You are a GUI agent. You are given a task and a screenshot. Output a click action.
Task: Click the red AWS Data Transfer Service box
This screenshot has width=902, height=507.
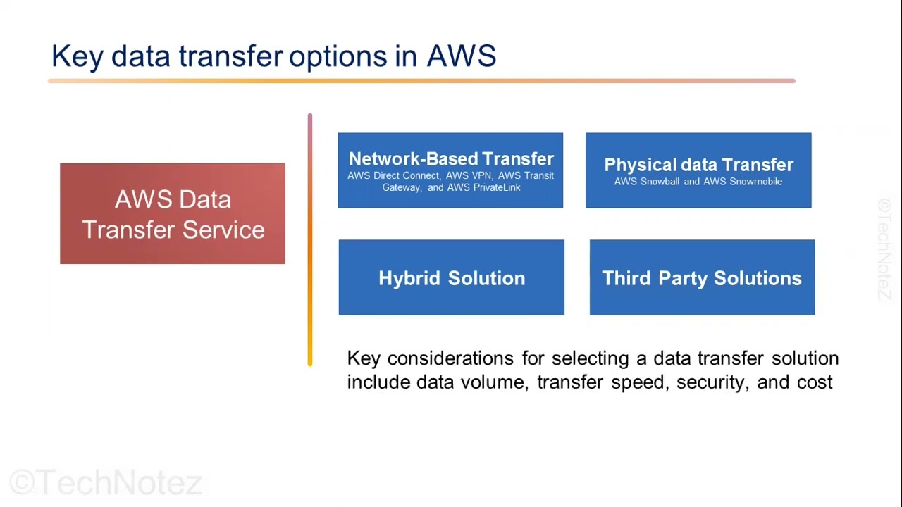pyautogui.click(x=173, y=214)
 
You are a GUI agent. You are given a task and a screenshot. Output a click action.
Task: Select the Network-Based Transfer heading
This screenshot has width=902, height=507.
pyautogui.click(x=451, y=159)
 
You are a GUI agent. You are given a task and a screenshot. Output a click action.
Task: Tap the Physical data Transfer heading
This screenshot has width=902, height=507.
pyautogui.click(x=698, y=165)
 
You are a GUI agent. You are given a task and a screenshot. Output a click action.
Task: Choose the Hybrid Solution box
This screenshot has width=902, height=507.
pyautogui.click(x=451, y=277)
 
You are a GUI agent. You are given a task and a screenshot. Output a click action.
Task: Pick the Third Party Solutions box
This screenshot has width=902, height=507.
pyautogui.click(x=702, y=277)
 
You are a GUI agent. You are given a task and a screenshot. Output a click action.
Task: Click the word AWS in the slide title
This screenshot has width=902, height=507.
pyautogui.click(x=462, y=56)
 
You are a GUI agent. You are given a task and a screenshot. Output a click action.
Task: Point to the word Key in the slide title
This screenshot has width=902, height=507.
pyautogui.click(x=77, y=56)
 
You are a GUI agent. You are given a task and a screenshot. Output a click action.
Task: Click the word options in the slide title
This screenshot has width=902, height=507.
pyautogui.click(x=338, y=56)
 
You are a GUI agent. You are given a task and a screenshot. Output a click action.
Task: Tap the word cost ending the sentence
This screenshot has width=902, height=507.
pyautogui.click(x=815, y=382)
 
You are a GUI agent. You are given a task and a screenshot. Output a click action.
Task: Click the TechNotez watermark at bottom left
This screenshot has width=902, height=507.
pyautogui.click(x=106, y=483)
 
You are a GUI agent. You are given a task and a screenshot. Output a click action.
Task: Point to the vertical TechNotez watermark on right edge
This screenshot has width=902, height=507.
pyautogui.click(x=885, y=249)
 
